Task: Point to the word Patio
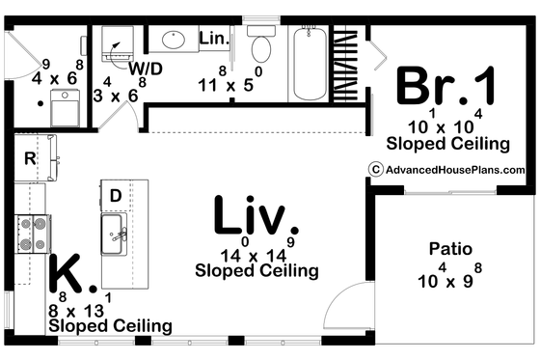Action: [450, 249]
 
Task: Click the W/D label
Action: [145, 69]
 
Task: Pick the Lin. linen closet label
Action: [213, 38]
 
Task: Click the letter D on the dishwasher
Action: [115, 196]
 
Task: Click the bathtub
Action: [308, 64]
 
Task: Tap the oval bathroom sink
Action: [174, 40]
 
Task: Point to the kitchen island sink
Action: [115, 233]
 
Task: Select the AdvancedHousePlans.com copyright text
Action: [441, 169]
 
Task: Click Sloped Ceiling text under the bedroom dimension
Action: [447, 145]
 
